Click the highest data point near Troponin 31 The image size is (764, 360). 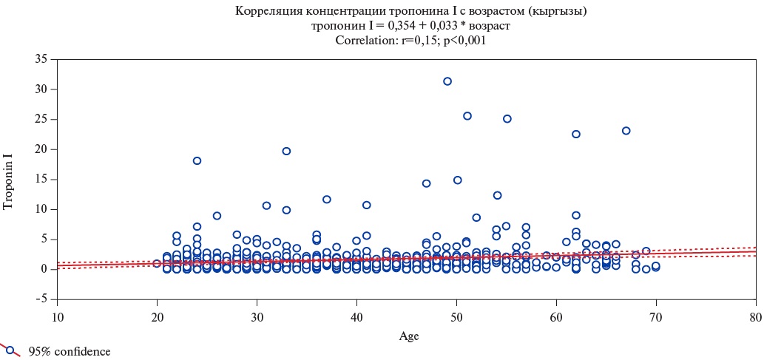click(x=447, y=81)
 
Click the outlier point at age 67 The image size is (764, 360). click(x=626, y=131)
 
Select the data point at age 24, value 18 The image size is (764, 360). click(x=197, y=161)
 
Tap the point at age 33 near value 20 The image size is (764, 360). click(x=286, y=151)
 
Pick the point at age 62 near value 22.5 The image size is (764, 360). click(x=576, y=135)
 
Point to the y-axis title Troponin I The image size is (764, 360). click(x=9, y=180)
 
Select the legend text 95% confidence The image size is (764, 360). click(x=70, y=352)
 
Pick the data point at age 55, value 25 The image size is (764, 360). click(x=507, y=119)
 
